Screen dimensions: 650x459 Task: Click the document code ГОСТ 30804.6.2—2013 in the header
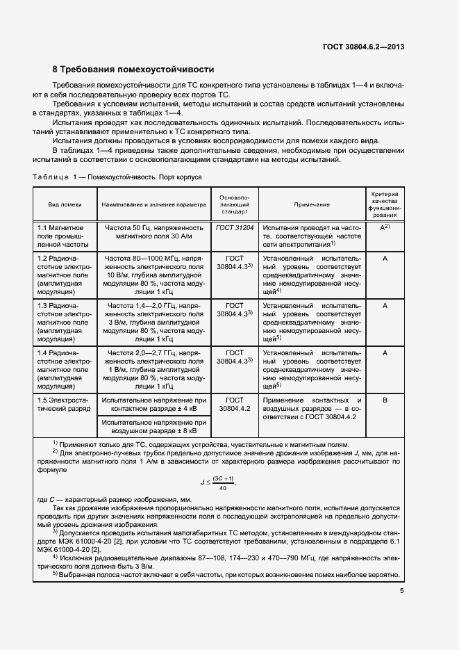click(x=363, y=47)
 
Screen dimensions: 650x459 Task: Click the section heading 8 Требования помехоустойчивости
click(x=133, y=70)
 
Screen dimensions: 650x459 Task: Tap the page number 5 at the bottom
click(x=402, y=592)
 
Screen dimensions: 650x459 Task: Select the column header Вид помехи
click(x=65, y=205)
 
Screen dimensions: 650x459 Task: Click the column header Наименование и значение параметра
click(x=154, y=205)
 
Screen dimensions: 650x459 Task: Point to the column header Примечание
click(x=311, y=205)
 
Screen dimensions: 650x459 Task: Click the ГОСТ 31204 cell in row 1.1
click(x=235, y=227)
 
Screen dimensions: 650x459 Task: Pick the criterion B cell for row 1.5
click(x=385, y=400)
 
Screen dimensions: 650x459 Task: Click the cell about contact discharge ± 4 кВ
click(x=154, y=405)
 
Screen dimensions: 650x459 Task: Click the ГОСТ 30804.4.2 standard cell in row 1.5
click(x=235, y=405)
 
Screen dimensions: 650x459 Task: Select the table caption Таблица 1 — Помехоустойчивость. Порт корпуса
click(x=117, y=177)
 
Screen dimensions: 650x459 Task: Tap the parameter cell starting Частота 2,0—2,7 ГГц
click(x=154, y=370)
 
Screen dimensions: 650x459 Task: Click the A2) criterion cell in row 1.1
click(x=385, y=227)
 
